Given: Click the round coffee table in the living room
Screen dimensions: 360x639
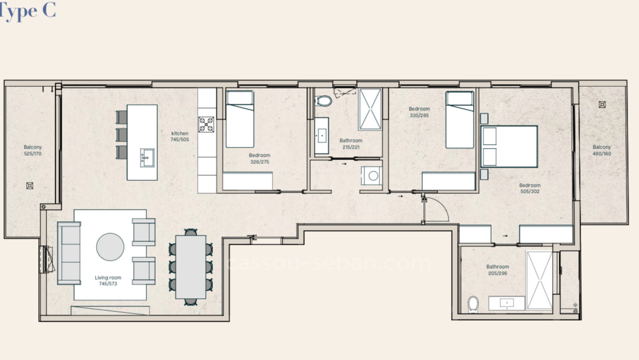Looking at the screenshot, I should pos(110,247).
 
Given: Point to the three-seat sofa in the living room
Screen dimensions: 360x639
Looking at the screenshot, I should pos(69,253).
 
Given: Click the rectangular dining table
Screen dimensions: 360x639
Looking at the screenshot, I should pos(191,266).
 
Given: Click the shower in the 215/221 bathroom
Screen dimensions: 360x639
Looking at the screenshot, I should pos(370,109).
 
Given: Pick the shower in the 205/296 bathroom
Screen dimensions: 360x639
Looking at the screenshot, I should pos(539,281).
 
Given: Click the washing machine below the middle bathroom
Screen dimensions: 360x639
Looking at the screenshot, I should pos(372,175).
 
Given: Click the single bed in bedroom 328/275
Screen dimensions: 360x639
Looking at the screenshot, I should pos(240,119).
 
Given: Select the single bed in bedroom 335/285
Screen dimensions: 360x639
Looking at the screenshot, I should pos(459,120).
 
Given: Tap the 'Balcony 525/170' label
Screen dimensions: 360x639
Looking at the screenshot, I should pos(33,150).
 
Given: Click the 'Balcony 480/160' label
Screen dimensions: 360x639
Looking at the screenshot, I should pos(602,150).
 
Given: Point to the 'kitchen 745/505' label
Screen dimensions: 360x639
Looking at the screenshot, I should pos(180,137).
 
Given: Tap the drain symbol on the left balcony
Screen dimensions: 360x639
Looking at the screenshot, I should pos(29,186).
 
